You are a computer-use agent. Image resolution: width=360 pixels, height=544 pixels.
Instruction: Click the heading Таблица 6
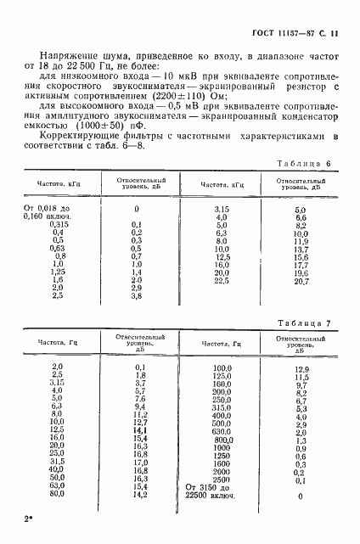pyautogui.click(x=310, y=163)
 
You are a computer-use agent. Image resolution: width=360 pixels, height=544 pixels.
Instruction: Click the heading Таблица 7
pyautogui.click(x=310, y=322)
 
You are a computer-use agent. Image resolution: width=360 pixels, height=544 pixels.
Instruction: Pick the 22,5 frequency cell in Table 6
pyautogui.click(x=222, y=280)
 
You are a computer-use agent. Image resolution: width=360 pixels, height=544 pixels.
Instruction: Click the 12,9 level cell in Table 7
pyautogui.click(x=301, y=369)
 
